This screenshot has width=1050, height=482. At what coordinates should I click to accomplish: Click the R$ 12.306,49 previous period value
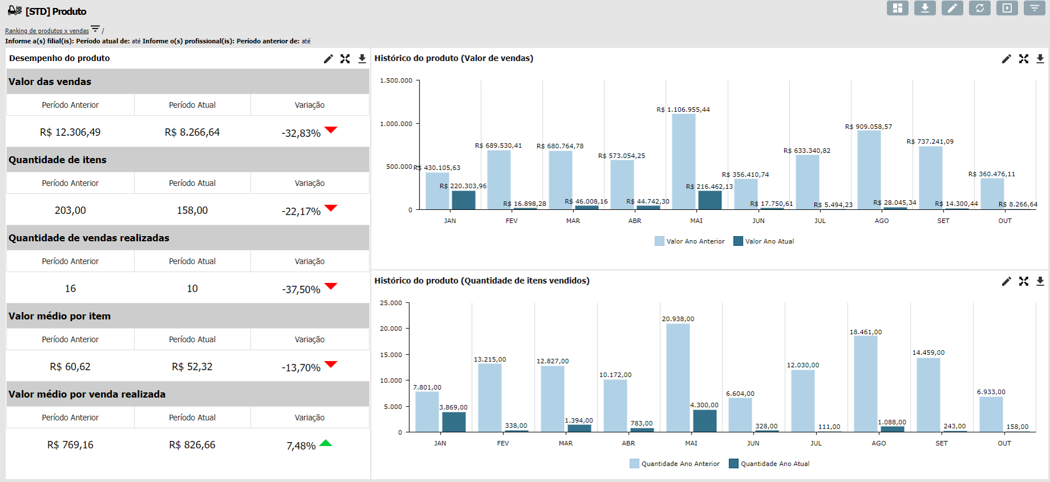coord(70,132)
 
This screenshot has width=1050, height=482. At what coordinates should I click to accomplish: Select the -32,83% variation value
coord(301,133)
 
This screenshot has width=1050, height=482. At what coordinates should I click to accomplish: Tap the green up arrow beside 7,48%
coord(326,443)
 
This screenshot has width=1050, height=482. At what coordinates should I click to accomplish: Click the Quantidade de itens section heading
coord(58,160)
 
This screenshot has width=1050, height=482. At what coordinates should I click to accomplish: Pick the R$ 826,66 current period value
coord(192,445)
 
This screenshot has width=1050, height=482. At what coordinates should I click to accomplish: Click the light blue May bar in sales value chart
coord(684,161)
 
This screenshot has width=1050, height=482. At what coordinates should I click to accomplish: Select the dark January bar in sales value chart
coord(463,200)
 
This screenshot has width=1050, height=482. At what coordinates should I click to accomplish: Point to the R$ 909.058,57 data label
coord(869,127)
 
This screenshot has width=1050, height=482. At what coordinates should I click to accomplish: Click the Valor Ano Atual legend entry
coord(764,241)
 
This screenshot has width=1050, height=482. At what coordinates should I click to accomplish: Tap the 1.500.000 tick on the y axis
coord(396,80)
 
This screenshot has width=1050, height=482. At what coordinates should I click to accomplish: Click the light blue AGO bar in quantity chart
coord(866,383)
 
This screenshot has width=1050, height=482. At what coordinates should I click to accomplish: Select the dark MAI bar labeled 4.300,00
coord(705,421)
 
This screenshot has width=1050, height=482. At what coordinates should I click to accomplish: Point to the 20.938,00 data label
coord(678,319)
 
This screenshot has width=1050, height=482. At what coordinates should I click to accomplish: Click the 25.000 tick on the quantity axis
coord(391,303)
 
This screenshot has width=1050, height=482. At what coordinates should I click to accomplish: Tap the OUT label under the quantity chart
coord(1004,443)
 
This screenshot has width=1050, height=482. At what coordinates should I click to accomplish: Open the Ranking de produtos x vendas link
coord(47,31)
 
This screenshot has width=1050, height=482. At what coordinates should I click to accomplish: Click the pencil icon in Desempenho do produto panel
coord(328,59)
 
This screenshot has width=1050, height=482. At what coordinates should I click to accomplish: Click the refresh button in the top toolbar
coord(980,8)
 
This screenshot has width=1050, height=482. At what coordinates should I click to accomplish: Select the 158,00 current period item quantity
coord(192,210)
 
